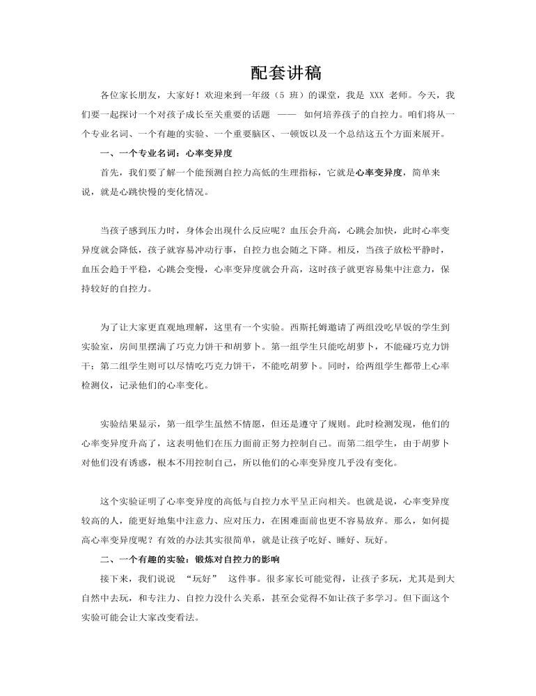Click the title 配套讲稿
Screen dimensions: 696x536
pos(285,73)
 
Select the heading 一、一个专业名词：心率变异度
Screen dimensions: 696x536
pos(166,153)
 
